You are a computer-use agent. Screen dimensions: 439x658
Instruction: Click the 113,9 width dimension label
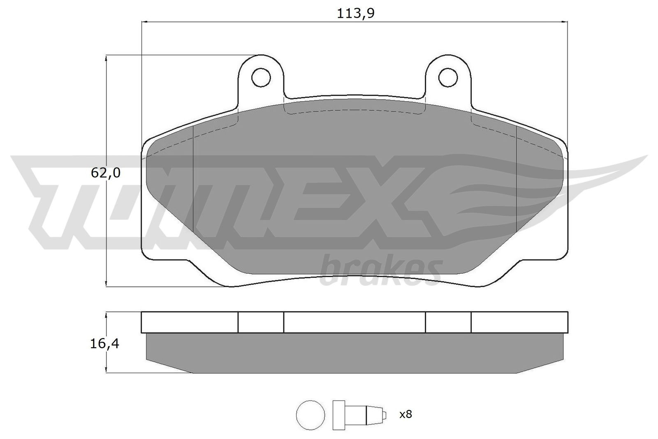point(355,13)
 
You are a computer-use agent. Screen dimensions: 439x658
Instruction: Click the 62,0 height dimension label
point(105,173)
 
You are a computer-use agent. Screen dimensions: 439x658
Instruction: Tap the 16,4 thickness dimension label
point(105,344)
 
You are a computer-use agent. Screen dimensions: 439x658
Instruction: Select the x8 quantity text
point(405,414)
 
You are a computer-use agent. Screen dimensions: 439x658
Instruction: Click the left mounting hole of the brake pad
point(261,77)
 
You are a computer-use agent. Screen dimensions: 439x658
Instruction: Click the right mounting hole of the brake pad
point(448,77)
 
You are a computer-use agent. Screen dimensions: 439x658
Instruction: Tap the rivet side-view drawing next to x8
point(358,414)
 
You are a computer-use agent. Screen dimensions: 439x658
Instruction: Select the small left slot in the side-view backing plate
point(261,322)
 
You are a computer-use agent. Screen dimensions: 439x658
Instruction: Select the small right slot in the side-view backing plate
point(448,322)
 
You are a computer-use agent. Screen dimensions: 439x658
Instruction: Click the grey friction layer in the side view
point(354,353)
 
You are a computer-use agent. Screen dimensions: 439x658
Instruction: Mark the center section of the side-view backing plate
point(354,322)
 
